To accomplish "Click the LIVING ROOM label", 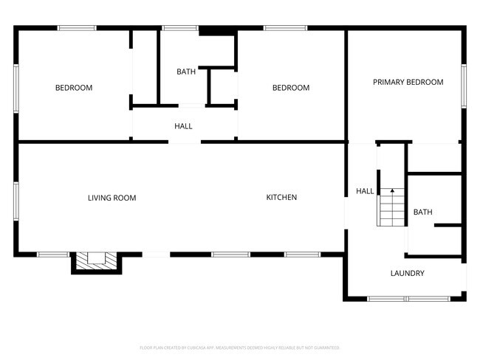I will point(112,198).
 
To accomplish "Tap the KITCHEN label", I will point(281,198).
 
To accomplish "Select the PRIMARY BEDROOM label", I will point(408,83).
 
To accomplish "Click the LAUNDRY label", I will point(407,274).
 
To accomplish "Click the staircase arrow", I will point(392,191).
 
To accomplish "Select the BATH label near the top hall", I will point(185,72).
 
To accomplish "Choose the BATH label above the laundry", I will point(422,212).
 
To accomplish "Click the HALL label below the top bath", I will point(183,126).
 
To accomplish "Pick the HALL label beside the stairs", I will point(365,192).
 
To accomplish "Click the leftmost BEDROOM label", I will point(74,88).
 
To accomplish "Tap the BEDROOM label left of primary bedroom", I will point(291,88).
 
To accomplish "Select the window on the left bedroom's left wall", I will point(16,88).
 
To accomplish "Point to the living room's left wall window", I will point(16,201).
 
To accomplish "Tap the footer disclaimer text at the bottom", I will point(239,347).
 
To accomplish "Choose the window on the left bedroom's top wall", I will point(77,28).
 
